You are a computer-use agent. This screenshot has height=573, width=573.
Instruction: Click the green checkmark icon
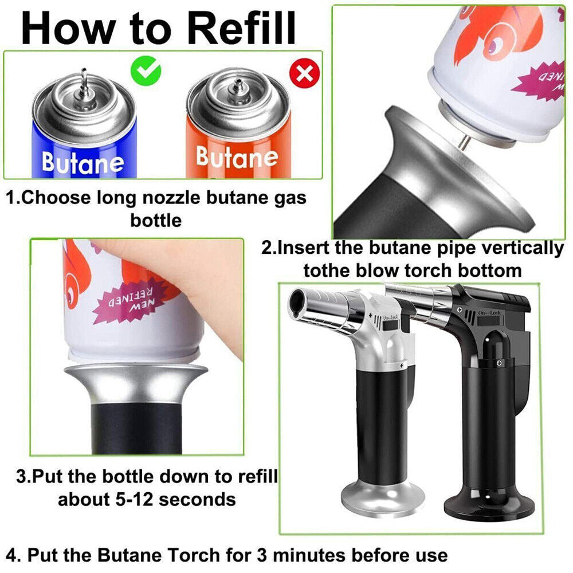point(146,71)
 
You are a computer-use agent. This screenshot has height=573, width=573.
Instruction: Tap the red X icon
point(304,73)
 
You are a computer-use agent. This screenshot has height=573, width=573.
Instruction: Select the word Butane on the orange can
point(236,156)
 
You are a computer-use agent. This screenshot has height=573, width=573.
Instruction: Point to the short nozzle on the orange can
point(236,87)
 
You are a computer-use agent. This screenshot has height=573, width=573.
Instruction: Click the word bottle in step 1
point(156,220)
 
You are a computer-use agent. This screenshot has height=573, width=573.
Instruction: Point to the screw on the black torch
point(499,363)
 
